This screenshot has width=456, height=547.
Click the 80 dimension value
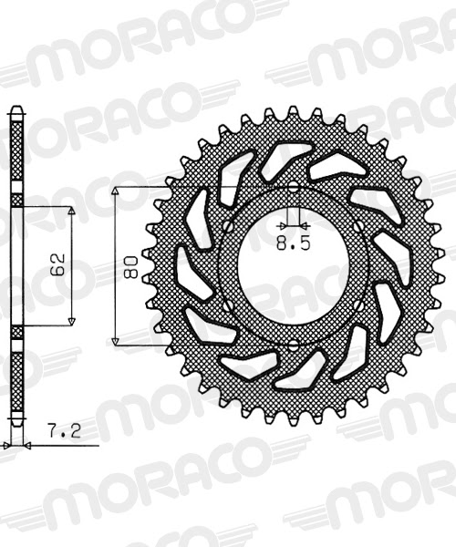(x=131, y=265)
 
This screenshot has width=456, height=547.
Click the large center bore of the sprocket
(x=293, y=265)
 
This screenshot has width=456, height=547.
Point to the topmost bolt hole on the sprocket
(x=293, y=188)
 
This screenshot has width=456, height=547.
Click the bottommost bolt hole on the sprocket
(x=293, y=343)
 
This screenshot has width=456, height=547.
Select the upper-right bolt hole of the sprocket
(x=359, y=226)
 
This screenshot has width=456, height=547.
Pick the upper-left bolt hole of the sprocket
(x=226, y=226)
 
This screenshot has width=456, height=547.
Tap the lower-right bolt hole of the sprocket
(x=359, y=304)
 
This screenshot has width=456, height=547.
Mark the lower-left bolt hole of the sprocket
(x=226, y=304)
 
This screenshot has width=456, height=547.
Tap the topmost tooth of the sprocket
(x=293, y=112)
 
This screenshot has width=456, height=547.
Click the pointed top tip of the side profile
(x=16, y=108)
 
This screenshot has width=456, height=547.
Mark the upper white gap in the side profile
(x=16, y=200)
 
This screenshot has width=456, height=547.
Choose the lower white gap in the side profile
(x=16, y=330)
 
